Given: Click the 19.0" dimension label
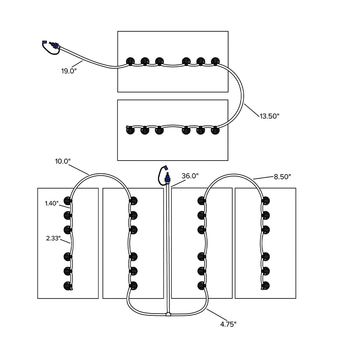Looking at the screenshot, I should tap(69, 71).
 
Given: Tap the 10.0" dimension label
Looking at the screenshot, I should tap(62, 161).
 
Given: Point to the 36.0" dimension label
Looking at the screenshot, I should tap(190, 176).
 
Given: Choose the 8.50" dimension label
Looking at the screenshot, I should tap(282, 176).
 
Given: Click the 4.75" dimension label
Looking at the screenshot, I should tap(228, 324).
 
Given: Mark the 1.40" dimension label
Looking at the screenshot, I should tap(52, 203).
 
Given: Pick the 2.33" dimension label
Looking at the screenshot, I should tap(53, 238).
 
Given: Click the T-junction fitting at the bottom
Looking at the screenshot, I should tap(168, 314).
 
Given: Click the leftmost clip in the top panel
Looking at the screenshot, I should tap(130, 62).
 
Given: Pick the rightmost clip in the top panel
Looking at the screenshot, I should tap(215, 62).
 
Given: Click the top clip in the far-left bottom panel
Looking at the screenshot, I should tap(67, 201).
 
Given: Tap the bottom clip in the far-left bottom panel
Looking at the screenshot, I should tap(67, 286).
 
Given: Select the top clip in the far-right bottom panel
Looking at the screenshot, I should tap(266, 201).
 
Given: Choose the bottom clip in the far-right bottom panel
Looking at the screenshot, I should tap(266, 286).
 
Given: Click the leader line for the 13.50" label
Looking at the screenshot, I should tap(252, 110).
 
